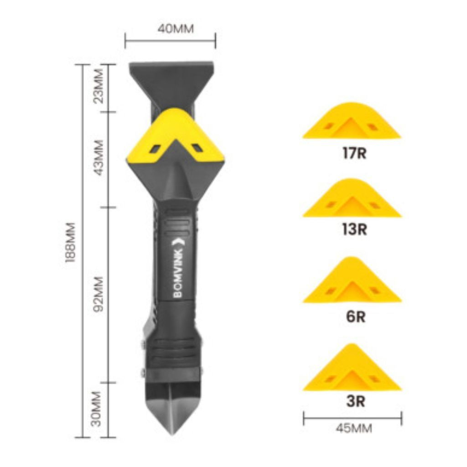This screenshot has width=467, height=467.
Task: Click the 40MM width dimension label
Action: [176, 29]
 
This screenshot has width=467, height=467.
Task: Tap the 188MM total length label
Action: [71, 242]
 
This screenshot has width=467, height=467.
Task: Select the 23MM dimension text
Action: [99, 86]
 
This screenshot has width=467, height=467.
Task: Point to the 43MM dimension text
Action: [99, 157]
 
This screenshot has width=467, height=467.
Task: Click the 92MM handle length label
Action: [99, 294]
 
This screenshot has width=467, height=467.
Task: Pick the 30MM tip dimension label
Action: [97, 409]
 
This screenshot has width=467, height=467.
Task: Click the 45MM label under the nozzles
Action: [354, 428]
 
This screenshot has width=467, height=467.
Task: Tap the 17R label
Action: [354, 153]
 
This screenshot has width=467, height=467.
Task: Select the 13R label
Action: [354, 229]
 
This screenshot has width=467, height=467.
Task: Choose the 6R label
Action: [356, 317]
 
